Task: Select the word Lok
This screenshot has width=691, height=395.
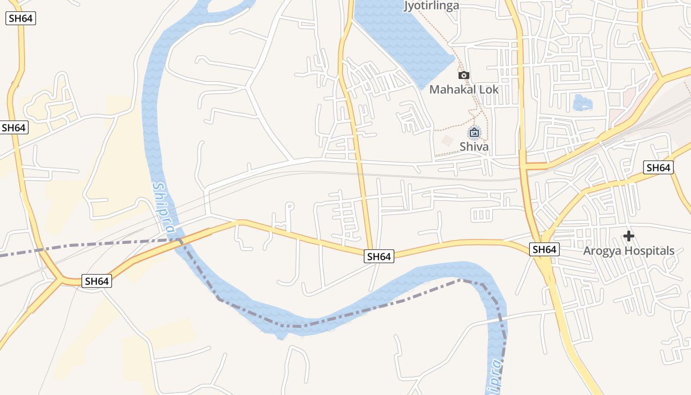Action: click(489, 89)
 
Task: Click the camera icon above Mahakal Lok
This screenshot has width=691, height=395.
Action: click(463, 76)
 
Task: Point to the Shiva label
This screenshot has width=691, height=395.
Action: click(474, 147)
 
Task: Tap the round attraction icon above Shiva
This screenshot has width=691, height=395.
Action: click(474, 132)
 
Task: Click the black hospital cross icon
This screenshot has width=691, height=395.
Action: click(628, 236)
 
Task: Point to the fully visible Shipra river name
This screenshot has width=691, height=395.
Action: click(163, 207)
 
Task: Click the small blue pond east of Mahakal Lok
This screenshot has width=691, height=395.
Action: click(582, 103)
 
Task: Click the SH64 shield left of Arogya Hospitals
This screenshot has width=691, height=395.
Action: click(544, 250)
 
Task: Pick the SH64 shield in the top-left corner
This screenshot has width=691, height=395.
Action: click(21, 19)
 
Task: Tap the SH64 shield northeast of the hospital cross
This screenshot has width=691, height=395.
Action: click(658, 167)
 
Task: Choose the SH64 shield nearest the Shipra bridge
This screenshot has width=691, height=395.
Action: click(97, 281)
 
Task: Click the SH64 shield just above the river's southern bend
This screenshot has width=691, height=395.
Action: click(379, 256)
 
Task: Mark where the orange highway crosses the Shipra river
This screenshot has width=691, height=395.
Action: click(179, 240)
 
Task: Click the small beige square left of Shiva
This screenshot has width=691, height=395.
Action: click(447, 141)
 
